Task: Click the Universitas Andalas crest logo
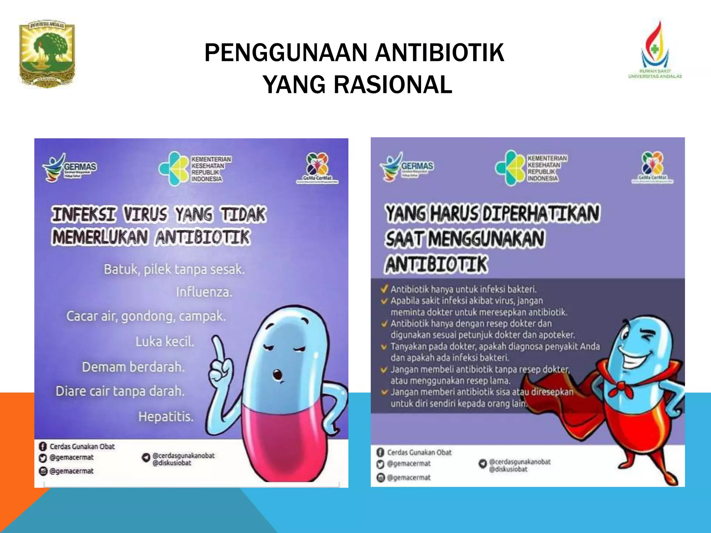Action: pyautogui.click(x=47, y=53)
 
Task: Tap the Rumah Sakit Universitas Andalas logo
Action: pyautogui.click(x=655, y=50)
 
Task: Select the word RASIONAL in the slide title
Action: pyautogui.click(x=393, y=85)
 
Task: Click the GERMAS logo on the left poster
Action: pyautogui.click(x=69, y=168)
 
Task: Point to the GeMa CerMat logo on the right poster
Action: pyautogui.click(x=653, y=167)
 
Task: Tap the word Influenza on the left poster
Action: pyautogui.click(x=204, y=292)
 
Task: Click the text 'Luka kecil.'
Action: pyautogui.click(x=165, y=342)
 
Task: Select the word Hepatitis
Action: pyautogui.click(x=166, y=416)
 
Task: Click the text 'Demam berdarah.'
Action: pyautogui.click(x=133, y=367)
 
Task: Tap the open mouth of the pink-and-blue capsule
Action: pyautogui.click(x=277, y=375)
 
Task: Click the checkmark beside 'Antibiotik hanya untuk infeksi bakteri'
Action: pyautogui.click(x=384, y=289)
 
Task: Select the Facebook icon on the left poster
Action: pyautogui.click(x=43, y=447)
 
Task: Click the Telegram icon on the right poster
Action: pyautogui.click(x=483, y=464)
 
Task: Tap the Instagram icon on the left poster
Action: pyautogui.click(x=43, y=471)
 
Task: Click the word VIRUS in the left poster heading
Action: pyautogui.click(x=146, y=214)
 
